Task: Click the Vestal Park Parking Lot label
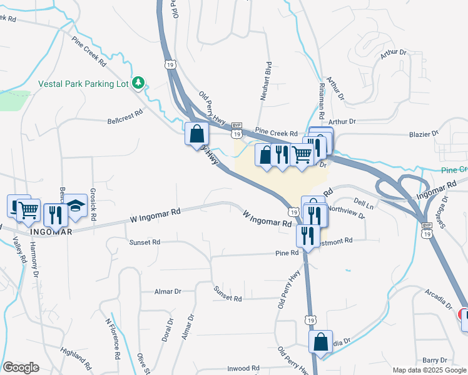pos(83,83)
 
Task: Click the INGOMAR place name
pos(52,232)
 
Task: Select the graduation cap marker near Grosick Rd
pos(76,206)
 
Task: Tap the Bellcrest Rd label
pos(125,116)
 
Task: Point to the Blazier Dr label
pos(425,133)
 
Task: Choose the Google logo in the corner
pos(21,367)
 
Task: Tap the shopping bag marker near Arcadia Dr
pos(320,342)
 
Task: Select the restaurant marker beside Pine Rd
pos(307,236)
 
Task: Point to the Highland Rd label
pos(78,357)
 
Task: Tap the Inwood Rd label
pos(243,369)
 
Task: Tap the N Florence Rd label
pos(113,339)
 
